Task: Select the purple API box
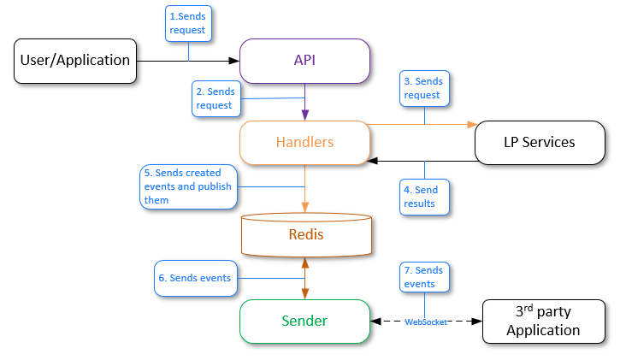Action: [304, 61]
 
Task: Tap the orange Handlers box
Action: [304, 142]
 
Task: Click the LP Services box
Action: [540, 142]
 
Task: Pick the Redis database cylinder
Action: [305, 234]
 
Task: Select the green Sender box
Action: [304, 322]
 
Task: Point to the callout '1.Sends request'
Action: [188, 23]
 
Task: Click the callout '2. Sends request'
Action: [215, 98]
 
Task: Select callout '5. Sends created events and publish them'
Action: [187, 186]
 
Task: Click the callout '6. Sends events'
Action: [194, 278]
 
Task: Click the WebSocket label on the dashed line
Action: [425, 322]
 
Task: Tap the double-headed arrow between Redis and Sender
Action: [305, 278]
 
